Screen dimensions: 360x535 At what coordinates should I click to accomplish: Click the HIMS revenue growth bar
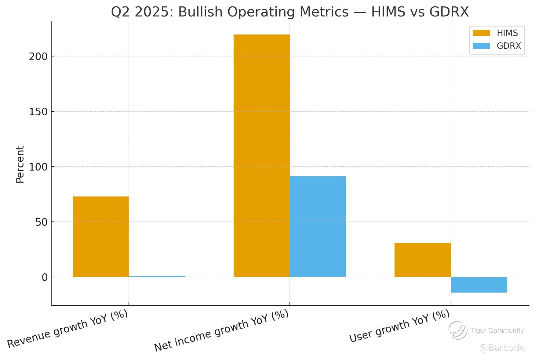(100, 236)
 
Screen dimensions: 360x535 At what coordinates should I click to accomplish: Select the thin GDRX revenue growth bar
(157, 276)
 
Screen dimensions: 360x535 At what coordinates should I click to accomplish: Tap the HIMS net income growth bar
(261, 156)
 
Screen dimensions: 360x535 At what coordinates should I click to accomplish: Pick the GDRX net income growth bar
(318, 227)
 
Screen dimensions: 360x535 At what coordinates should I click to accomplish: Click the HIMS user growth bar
(422, 260)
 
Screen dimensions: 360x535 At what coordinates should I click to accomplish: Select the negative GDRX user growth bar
(479, 285)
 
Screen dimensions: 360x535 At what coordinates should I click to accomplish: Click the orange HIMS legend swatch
(481, 33)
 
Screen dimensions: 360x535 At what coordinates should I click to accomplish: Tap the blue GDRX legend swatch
(481, 46)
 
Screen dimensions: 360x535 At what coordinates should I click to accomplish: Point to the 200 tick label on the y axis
(38, 56)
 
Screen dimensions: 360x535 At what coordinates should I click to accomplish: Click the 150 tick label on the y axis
(38, 112)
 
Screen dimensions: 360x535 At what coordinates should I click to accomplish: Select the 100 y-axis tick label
(38, 167)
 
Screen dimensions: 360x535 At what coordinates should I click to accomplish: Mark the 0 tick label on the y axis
(45, 277)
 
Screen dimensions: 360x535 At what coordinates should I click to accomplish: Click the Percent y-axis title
(20, 164)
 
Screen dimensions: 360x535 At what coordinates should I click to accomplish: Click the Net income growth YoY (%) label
(221, 330)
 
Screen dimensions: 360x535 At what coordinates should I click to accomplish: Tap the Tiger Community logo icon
(457, 330)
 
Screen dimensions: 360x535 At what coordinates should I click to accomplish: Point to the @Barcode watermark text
(501, 348)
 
